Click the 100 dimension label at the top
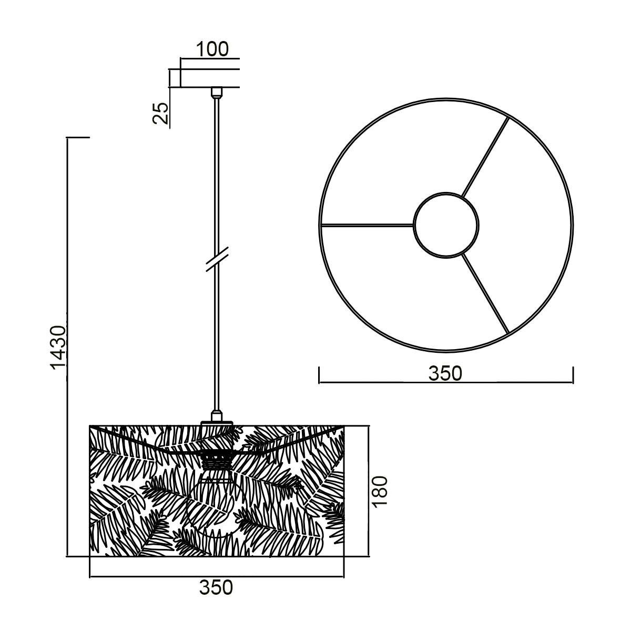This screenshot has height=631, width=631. [212, 49]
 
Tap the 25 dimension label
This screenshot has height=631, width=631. [160, 113]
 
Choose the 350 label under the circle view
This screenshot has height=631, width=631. [445, 373]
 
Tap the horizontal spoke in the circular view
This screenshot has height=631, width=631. [367, 225]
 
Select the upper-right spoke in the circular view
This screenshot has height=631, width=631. [485, 157]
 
